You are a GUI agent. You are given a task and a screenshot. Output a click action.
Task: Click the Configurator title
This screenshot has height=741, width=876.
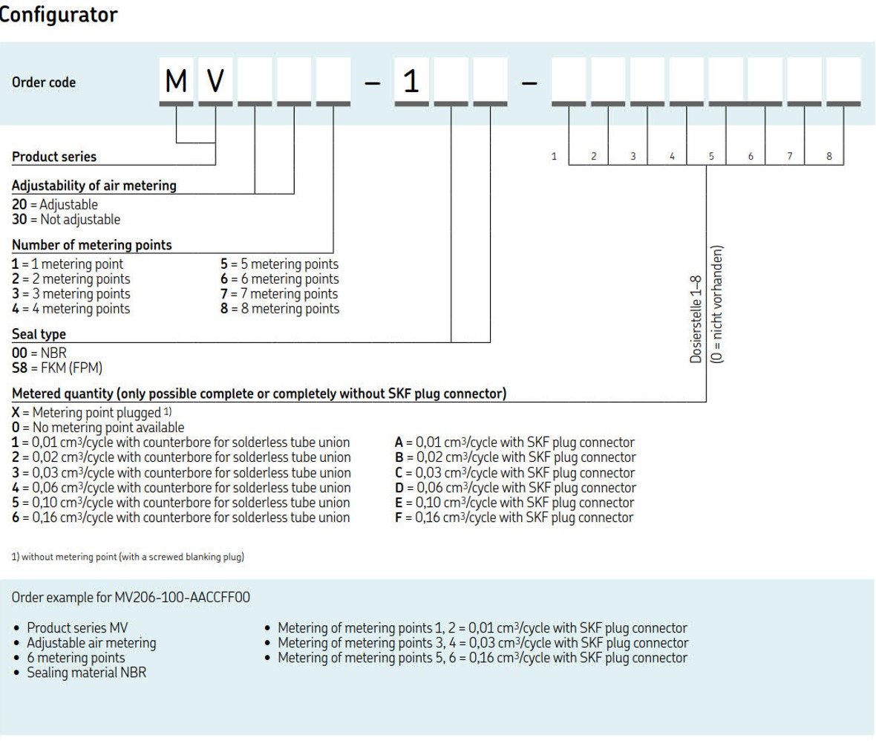tap(58, 14)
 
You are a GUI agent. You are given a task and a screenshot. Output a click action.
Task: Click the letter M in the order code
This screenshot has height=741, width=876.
tap(176, 81)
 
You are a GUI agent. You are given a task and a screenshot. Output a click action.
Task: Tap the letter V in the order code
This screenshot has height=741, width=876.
tap(215, 81)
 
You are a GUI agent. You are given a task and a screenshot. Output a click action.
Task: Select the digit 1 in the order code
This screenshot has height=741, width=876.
tap(411, 81)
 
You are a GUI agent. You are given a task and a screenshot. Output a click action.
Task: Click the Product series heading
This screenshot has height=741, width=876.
tap(54, 157)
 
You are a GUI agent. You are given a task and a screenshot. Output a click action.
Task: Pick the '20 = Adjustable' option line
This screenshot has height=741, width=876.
tap(54, 204)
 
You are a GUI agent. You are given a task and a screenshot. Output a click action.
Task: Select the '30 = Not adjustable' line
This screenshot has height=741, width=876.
tap(65, 219)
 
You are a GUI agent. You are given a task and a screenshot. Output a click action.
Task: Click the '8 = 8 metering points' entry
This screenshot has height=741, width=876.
tap(279, 309)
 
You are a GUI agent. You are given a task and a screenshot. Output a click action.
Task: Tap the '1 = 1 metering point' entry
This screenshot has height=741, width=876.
tap(68, 264)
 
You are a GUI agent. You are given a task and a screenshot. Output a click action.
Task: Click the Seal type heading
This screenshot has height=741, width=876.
tap(39, 335)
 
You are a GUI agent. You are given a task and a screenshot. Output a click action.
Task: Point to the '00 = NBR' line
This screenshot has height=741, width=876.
tap(39, 353)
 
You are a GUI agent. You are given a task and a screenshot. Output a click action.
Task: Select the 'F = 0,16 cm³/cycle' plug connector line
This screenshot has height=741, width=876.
tap(514, 518)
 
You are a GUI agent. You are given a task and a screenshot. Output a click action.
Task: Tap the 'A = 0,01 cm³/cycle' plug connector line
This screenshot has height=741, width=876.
tap(514, 443)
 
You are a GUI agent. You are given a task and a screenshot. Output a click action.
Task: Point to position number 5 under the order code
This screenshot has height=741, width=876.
tap(710, 157)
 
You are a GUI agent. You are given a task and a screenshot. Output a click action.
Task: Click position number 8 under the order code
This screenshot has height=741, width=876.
tap(828, 157)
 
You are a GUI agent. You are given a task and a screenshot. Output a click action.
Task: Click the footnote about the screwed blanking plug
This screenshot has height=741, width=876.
tap(128, 557)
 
